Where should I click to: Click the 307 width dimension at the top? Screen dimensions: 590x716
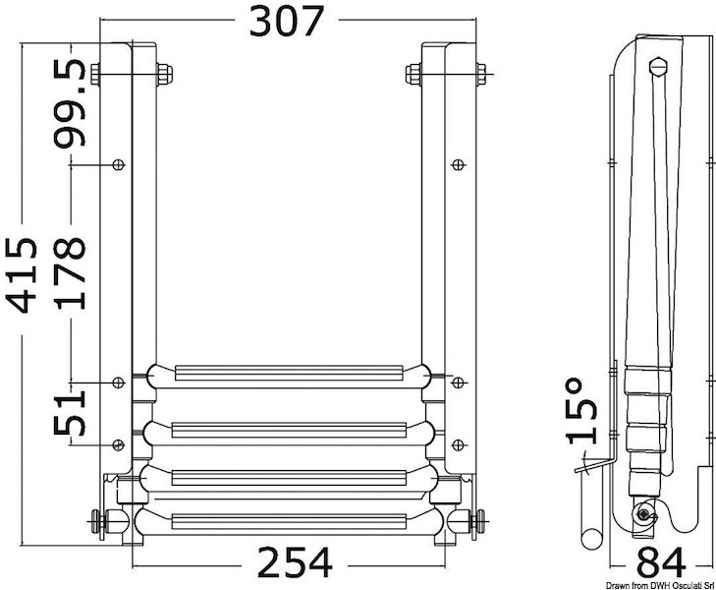click(x=285, y=21)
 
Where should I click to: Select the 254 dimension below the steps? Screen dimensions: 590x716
click(x=294, y=563)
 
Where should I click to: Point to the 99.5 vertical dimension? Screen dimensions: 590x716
click(x=70, y=102)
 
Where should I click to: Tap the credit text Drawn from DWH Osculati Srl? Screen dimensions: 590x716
click(x=649, y=584)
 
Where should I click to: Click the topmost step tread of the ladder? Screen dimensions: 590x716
click(x=288, y=373)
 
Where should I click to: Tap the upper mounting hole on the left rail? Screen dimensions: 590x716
click(x=119, y=164)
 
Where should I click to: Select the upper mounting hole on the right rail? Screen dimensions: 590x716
click(x=457, y=164)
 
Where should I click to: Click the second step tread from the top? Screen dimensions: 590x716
click(x=288, y=429)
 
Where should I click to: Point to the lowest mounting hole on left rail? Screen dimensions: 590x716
click(x=119, y=441)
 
